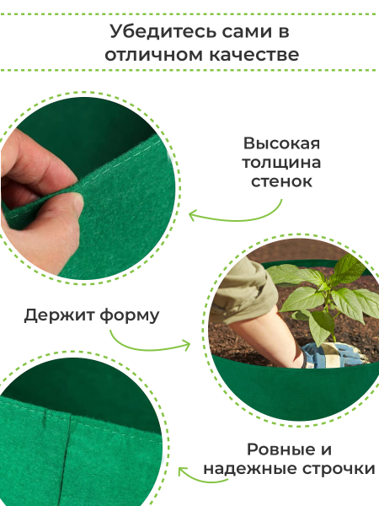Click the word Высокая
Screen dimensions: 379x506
click(x=281, y=143)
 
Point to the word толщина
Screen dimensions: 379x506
click(x=281, y=162)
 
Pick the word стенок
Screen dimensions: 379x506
click(x=281, y=181)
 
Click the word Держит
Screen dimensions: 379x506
click(x=59, y=315)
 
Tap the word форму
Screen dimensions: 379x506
click(x=130, y=315)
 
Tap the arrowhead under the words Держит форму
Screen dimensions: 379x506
click(x=186, y=346)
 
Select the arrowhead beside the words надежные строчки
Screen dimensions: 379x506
click(x=183, y=472)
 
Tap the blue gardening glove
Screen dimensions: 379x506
click(x=328, y=355)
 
